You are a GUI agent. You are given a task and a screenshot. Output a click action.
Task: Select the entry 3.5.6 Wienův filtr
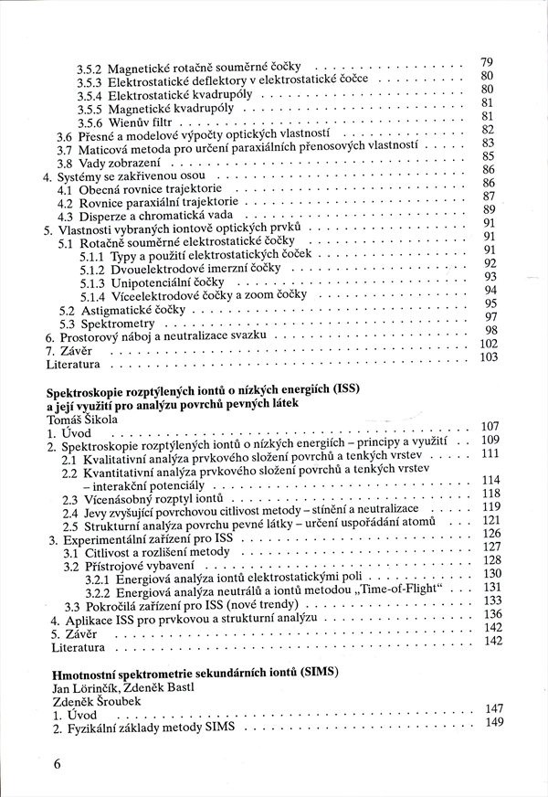pos(128,122)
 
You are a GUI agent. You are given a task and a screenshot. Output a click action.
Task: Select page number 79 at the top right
pos(487,62)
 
